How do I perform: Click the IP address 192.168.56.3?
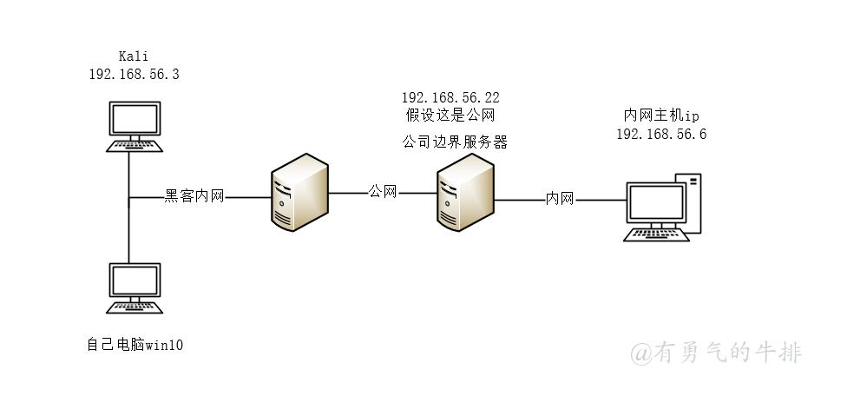(134, 75)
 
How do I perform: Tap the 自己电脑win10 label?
(135, 346)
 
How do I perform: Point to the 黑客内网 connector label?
(194, 197)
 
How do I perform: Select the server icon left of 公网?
(299, 193)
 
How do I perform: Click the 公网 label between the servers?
(383, 191)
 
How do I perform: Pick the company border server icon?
(466, 193)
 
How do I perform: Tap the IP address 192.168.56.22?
(450, 97)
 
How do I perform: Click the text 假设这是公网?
(450, 115)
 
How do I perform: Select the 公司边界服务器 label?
(455, 141)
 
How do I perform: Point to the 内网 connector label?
(560, 199)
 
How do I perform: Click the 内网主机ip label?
(660, 115)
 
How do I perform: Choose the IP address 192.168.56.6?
(661, 134)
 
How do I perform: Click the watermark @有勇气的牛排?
(716, 353)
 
